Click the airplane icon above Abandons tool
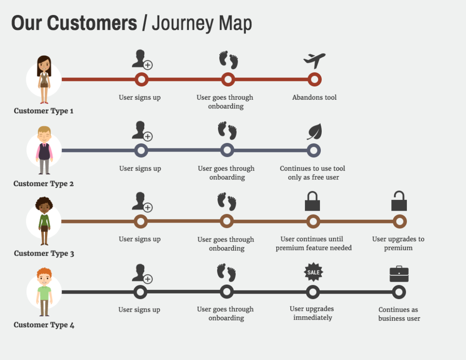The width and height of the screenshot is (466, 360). pos(314,61)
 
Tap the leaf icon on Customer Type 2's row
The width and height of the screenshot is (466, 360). pos(314,132)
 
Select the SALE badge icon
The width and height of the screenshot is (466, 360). pos(313,272)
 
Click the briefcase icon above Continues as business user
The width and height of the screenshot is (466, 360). pos(399,274)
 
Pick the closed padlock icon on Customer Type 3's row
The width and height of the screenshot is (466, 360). pos(312,202)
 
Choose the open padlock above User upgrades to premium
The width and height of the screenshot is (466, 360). pos(399,201)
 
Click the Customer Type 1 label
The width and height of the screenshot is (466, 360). pos(44,111)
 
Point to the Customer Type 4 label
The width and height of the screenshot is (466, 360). pos(44,325)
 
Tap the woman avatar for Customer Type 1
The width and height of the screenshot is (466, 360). pos(44,80)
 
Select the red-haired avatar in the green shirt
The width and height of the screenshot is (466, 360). pos(44,292)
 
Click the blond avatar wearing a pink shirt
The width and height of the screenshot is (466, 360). pos(44,150)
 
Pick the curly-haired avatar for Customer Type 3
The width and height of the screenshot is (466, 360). pos(44,221)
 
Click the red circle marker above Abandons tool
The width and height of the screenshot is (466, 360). pos(314,80)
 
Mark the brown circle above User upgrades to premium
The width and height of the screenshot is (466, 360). pos(400,222)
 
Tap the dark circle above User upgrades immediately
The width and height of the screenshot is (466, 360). pos(313,292)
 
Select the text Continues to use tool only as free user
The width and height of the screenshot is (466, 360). pos(313,173)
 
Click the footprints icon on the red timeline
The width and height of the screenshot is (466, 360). pos(228,60)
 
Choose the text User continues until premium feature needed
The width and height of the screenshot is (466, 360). pos(313,243)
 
